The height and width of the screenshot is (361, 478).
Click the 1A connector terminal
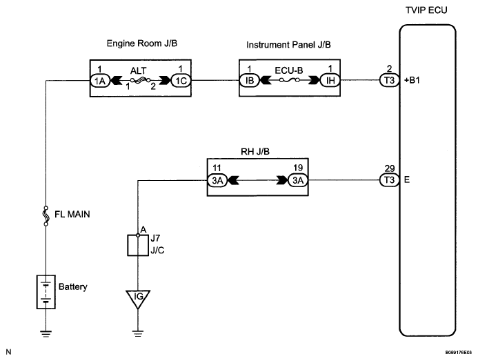tap(100, 81)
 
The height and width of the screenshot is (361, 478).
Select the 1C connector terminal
tap(181, 81)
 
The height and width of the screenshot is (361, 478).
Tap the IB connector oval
tap(250, 81)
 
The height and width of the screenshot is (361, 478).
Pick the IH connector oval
tap(330, 81)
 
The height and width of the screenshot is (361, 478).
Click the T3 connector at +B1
tap(389, 80)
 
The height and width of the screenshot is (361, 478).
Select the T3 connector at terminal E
tap(389, 180)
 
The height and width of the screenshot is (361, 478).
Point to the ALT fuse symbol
tap(141, 81)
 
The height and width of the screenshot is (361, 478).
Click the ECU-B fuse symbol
tap(290, 81)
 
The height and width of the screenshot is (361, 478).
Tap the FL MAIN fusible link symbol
tap(46, 216)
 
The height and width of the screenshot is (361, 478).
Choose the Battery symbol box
tap(46, 292)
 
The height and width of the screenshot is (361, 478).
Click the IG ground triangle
tap(138, 299)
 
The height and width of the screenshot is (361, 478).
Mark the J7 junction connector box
tap(138, 245)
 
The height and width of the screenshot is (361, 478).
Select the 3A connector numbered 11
tap(217, 180)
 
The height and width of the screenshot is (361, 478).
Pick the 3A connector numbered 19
tap(298, 180)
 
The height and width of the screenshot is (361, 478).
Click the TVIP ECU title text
tap(426, 10)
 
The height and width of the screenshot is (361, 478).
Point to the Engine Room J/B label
tap(142, 43)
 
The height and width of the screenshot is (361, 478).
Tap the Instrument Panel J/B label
tap(288, 45)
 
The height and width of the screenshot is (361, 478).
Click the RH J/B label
tap(255, 151)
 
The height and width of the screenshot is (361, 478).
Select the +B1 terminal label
tap(412, 80)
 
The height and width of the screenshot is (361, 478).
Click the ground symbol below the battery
tap(46, 333)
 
